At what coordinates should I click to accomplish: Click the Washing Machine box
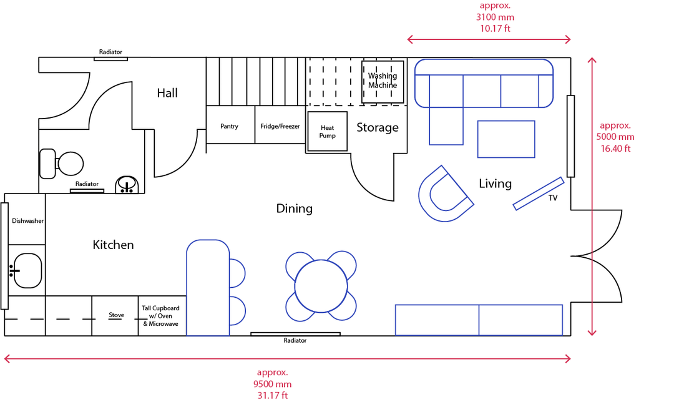click(x=383, y=82)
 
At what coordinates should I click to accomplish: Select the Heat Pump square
click(x=328, y=131)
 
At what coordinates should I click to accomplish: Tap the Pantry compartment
click(x=230, y=125)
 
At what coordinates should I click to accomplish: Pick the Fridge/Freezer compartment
click(x=280, y=125)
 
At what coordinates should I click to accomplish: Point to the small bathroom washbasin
click(x=127, y=185)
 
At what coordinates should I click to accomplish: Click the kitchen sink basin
click(x=27, y=270)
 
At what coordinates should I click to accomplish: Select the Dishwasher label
click(x=27, y=221)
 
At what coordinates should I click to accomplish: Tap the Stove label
click(x=116, y=315)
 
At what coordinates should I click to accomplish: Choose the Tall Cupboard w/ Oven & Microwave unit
click(x=162, y=316)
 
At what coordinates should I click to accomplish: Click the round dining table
click(x=321, y=287)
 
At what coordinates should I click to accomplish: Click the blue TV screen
click(x=539, y=194)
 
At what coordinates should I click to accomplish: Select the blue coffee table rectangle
click(x=506, y=139)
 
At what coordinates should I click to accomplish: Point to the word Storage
click(x=378, y=127)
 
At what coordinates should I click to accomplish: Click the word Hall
click(x=167, y=93)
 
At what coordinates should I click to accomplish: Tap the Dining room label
click(x=295, y=209)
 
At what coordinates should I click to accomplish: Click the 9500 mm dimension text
click(x=272, y=385)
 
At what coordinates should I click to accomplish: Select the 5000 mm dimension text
click(x=615, y=137)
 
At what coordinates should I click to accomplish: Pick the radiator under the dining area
click(x=295, y=334)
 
